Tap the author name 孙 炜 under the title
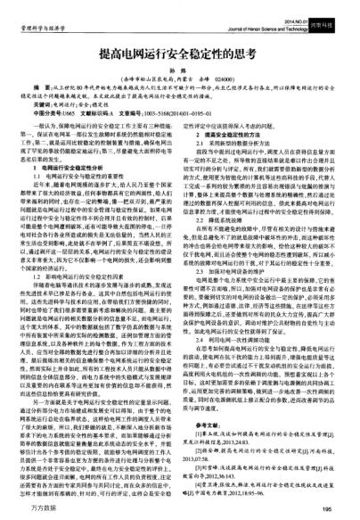pyautogui.click(x=180, y=71)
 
